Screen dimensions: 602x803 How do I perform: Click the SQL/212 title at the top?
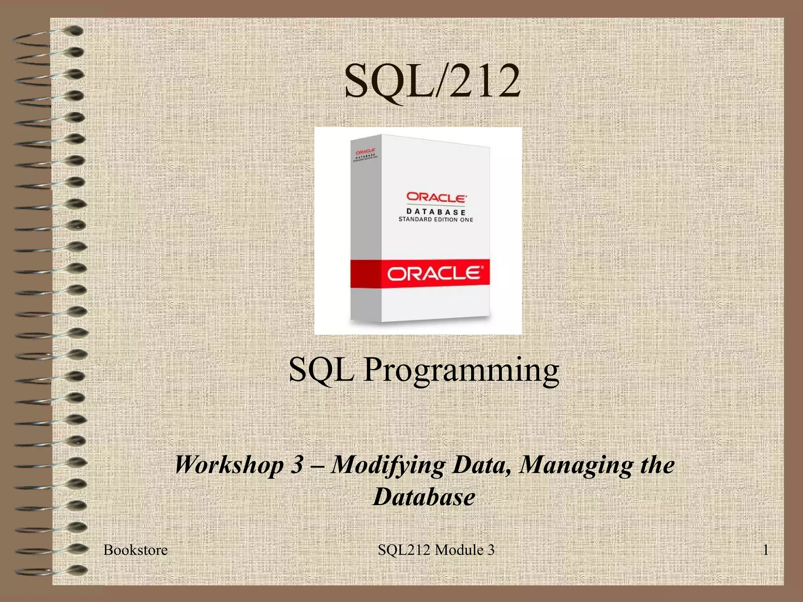click(x=432, y=82)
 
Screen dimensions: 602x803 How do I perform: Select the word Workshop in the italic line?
click(x=229, y=465)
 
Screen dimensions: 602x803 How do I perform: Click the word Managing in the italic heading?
click(x=575, y=466)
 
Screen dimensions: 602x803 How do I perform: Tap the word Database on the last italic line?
click(x=424, y=497)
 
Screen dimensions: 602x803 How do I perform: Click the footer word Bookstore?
click(x=135, y=550)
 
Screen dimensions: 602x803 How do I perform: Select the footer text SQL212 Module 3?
click(x=436, y=550)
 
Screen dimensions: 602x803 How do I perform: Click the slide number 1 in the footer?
click(x=765, y=550)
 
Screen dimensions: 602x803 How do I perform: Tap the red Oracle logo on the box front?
click(x=436, y=197)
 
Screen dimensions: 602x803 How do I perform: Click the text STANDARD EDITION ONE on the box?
click(x=436, y=219)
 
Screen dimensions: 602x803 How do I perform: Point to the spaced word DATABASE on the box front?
click(x=436, y=212)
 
